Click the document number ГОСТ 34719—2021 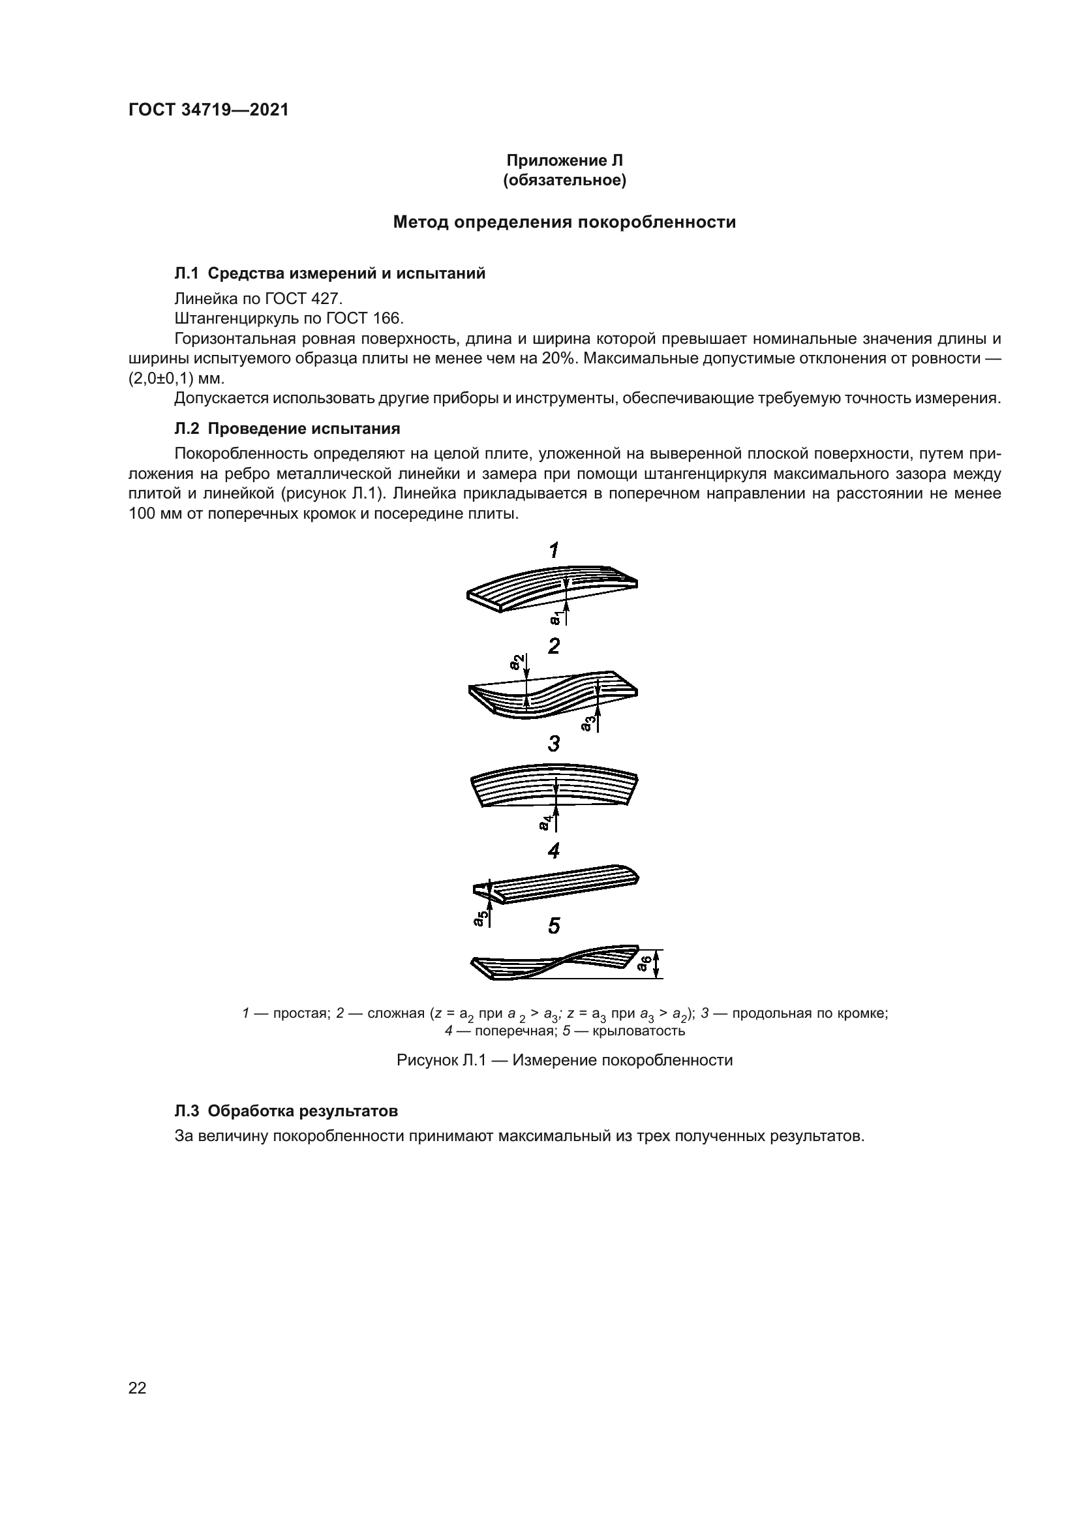pos(209,110)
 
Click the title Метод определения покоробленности pos(564,222)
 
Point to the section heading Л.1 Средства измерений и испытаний pos(329,273)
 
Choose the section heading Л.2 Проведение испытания pos(287,429)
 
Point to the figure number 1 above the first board pos(553,551)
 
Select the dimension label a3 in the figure pos(586,723)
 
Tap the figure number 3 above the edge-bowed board pos(553,744)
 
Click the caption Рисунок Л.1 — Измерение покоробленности pos(564,1060)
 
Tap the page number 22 pos(138,1388)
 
